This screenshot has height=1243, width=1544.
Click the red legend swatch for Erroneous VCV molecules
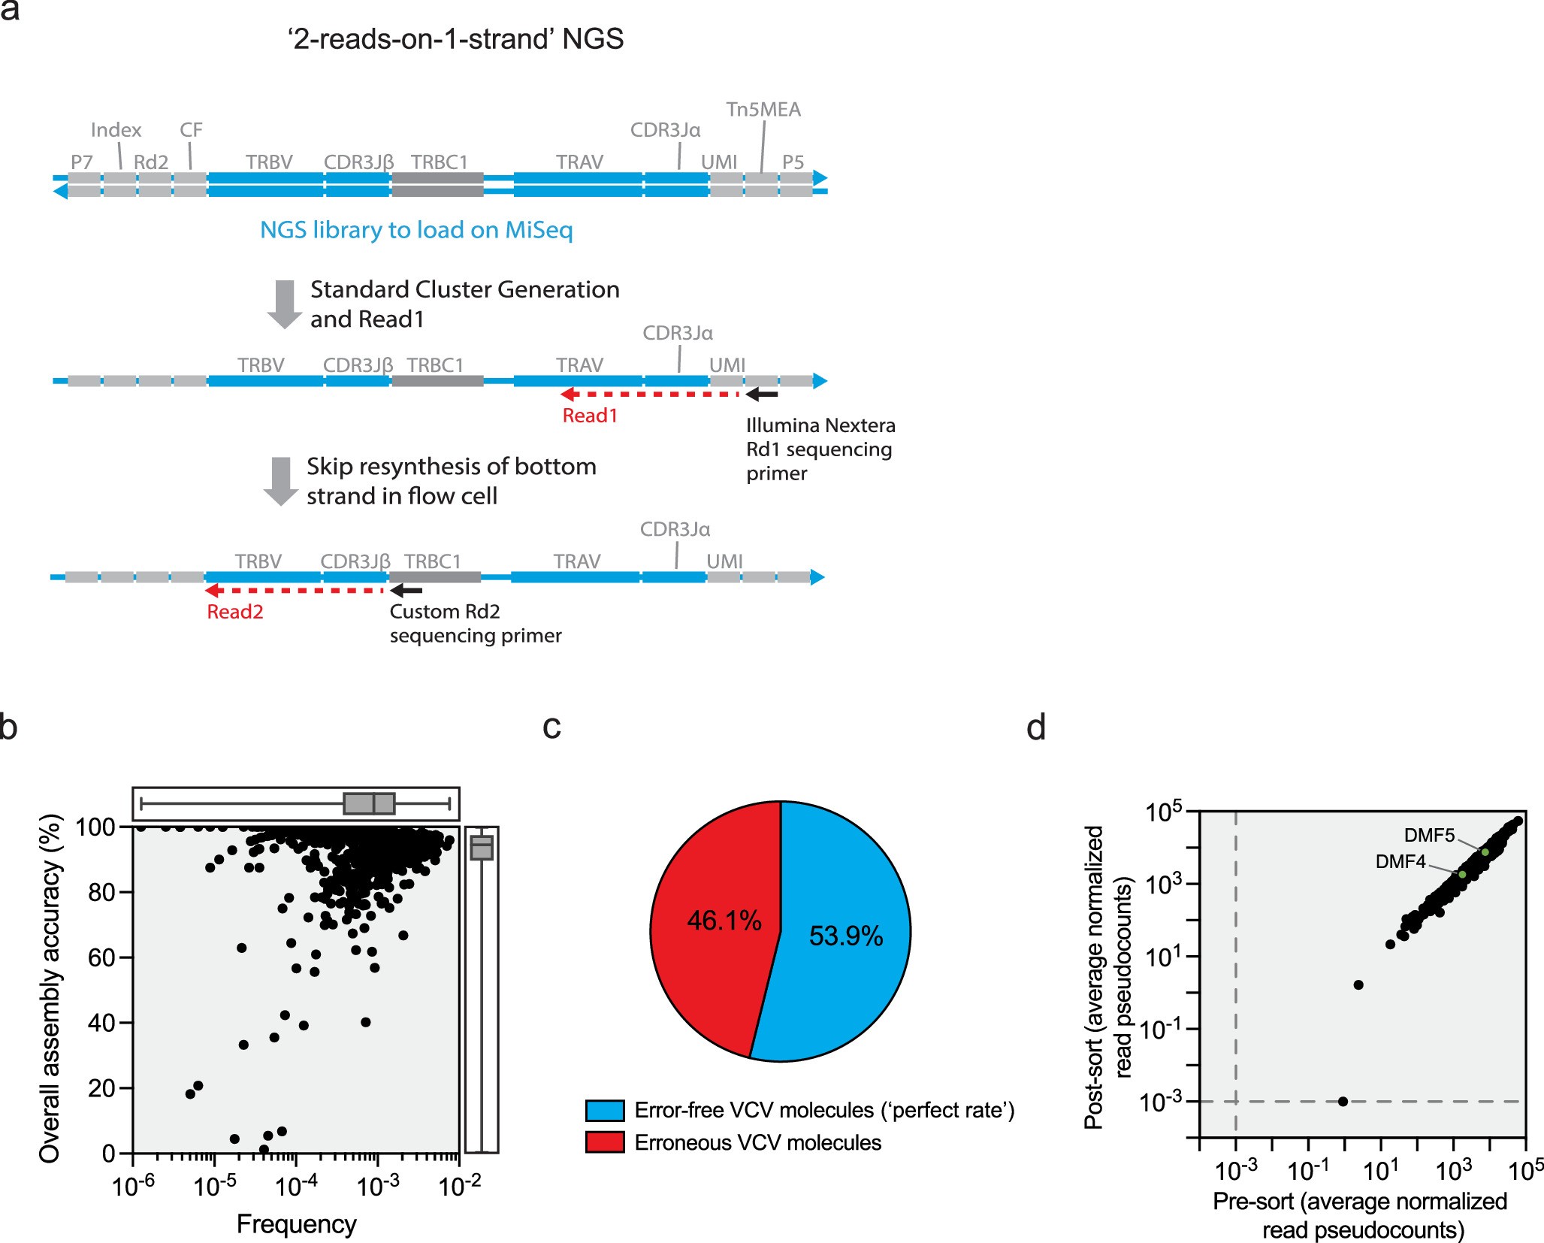coord(605,1142)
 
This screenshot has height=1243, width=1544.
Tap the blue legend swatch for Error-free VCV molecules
coord(605,1111)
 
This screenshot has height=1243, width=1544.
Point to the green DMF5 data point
coord(1485,852)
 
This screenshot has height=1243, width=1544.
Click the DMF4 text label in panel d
coord(1400,862)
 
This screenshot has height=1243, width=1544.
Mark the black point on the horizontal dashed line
coord(1343,1102)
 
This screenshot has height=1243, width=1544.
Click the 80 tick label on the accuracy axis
coord(101,893)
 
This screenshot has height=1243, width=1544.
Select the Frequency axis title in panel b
coord(296,1224)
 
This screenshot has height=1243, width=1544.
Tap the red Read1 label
coord(590,416)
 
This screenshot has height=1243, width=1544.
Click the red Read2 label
coord(235,612)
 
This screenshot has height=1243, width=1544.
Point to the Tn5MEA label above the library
coord(763,110)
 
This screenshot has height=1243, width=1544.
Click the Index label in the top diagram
coord(116,130)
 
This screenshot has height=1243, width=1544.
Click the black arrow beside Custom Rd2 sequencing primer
coord(406,591)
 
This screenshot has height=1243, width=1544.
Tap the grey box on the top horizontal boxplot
coord(369,803)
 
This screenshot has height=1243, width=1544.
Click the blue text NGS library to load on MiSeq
coord(416,230)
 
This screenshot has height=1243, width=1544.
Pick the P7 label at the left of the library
coord(82,162)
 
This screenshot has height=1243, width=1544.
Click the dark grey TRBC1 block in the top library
coord(437,185)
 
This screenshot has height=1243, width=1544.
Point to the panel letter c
coord(551,727)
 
